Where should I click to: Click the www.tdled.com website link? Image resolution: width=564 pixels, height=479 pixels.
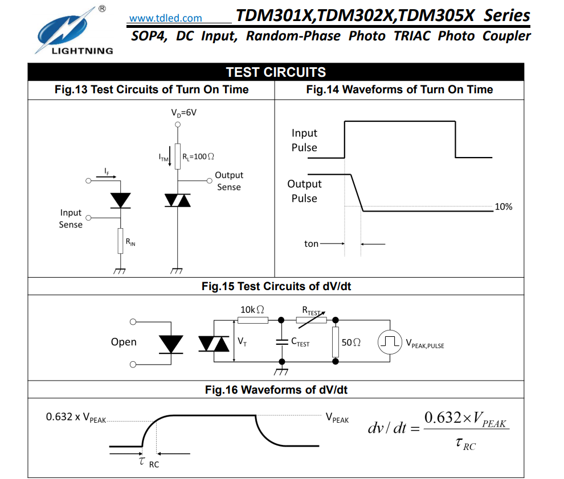[x=165, y=18]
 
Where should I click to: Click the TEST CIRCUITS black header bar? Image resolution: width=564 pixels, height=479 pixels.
[x=276, y=72]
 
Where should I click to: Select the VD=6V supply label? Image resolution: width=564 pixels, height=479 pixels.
[x=183, y=113]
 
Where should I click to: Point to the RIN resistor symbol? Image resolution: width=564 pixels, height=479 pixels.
[x=120, y=241]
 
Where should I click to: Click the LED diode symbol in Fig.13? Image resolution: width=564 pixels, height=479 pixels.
[x=120, y=200]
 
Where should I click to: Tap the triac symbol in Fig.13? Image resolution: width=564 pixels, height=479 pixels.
[x=178, y=200]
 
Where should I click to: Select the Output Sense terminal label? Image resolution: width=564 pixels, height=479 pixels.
[x=228, y=181]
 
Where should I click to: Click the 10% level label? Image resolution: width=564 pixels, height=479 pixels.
[x=503, y=207]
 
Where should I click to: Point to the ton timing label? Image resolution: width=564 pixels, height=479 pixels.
[x=311, y=243]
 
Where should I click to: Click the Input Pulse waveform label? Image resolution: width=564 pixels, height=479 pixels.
[x=304, y=140]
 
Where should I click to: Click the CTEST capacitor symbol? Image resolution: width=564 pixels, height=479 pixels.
[x=281, y=341]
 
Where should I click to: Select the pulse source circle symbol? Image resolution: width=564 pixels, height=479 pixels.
[x=390, y=341]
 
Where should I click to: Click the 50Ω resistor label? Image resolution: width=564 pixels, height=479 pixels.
[x=351, y=342]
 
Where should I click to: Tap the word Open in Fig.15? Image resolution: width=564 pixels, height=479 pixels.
[x=124, y=342]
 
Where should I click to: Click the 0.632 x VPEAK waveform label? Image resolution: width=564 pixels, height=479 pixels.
[x=76, y=418]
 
